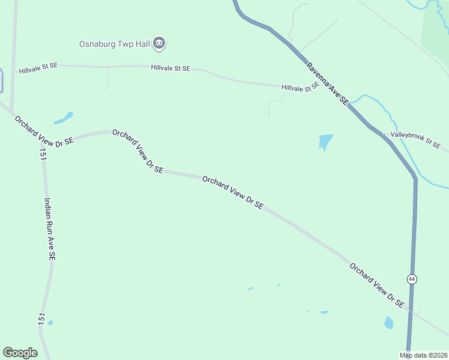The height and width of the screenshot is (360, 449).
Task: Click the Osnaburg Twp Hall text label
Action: [114, 44]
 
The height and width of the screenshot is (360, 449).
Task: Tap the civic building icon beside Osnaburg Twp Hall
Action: [159, 43]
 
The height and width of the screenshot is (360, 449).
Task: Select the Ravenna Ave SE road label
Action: [327, 83]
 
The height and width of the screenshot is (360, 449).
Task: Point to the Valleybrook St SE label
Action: [415, 140]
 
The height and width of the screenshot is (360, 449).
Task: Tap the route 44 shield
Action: [411, 279]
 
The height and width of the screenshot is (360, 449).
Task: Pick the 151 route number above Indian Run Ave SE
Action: [43, 155]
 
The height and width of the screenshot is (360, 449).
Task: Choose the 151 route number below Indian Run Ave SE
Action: [41, 319]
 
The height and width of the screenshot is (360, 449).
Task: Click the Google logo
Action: [20, 353]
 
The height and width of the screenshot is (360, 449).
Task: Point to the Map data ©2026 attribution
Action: [424, 355]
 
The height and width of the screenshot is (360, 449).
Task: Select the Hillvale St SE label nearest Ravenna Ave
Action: [300, 88]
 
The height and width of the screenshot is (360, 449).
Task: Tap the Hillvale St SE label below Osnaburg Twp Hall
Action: [170, 68]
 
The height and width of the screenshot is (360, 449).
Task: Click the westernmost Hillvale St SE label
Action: [38, 69]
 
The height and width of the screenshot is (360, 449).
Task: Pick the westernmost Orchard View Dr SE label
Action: [44, 130]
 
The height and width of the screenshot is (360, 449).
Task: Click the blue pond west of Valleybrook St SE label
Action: [325, 141]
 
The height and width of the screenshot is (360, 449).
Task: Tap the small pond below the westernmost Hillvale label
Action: [64, 118]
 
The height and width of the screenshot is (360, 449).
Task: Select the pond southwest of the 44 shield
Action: [388, 323]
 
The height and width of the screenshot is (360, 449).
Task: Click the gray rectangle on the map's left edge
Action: [1, 80]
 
